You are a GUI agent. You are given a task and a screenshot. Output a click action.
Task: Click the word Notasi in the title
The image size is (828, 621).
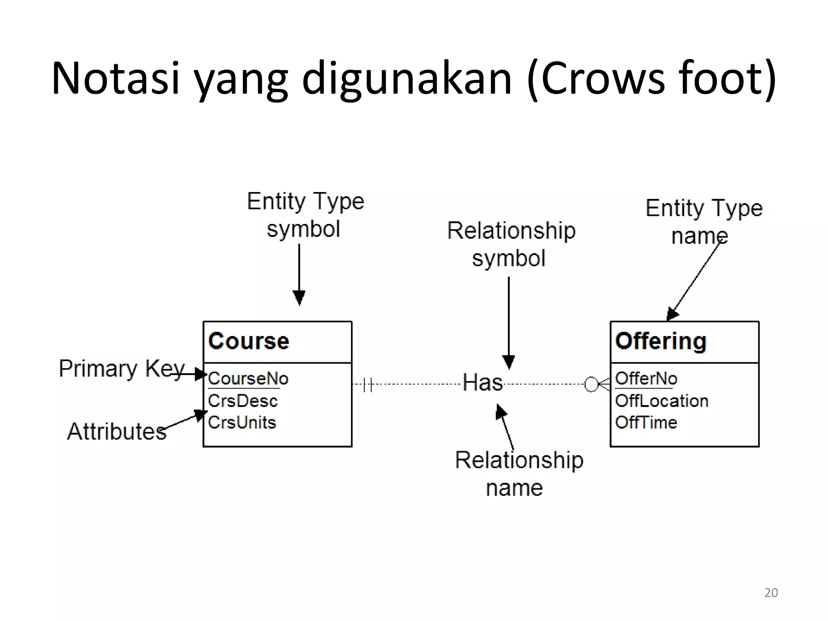(x=115, y=78)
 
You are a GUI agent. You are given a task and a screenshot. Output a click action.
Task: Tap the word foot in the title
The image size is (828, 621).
(x=720, y=78)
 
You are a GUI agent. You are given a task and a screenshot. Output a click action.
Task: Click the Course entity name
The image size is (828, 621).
(x=249, y=341)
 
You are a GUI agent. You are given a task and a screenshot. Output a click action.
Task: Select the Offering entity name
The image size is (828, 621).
(x=661, y=341)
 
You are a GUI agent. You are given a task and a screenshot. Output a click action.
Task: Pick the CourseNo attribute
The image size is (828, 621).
(x=248, y=379)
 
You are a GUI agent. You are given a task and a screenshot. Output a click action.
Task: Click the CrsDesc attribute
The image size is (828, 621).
(x=243, y=401)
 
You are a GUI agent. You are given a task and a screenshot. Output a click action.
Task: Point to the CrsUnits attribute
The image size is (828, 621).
(x=242, y=422)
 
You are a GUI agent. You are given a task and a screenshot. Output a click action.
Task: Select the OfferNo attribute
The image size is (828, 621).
(x=646, y=379)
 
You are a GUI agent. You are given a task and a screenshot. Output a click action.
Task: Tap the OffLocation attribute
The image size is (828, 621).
(x=661, y=401)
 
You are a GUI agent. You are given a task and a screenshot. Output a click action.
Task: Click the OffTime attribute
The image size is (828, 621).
(x=646, y=422)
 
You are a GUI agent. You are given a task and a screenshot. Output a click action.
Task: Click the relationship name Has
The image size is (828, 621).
(x=482, y=382)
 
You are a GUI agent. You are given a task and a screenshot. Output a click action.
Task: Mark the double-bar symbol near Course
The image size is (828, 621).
(x=368, y=384)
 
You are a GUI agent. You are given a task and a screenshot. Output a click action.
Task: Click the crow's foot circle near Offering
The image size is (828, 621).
(x=591, y=384)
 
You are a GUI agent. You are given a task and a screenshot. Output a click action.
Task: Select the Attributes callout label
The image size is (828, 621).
(x=116, y=431)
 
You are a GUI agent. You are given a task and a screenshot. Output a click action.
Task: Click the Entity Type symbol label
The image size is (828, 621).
(x=305, y=215)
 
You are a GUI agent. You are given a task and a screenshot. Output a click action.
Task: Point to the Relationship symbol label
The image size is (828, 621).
(x=511, y=244)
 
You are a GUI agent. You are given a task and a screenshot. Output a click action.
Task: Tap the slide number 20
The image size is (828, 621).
(x=771, y=593)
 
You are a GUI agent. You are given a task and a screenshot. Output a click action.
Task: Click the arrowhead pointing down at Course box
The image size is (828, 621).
(x=299, y=298)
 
